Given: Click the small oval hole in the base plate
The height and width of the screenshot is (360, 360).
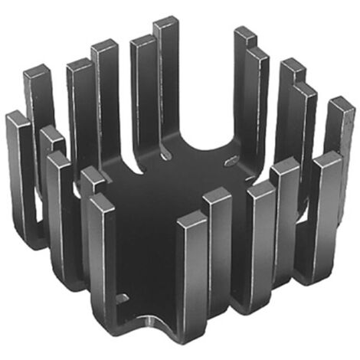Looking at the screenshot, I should [x=231, y=162].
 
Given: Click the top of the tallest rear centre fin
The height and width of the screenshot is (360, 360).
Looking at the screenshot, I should [x=165, y=24].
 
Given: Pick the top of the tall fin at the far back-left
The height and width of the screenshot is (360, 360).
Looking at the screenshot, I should [x=37, y=74].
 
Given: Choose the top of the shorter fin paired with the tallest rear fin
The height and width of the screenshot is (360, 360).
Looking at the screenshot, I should [x=143, y=41].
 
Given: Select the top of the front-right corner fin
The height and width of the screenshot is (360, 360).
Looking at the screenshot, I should [x=328, y=159].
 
